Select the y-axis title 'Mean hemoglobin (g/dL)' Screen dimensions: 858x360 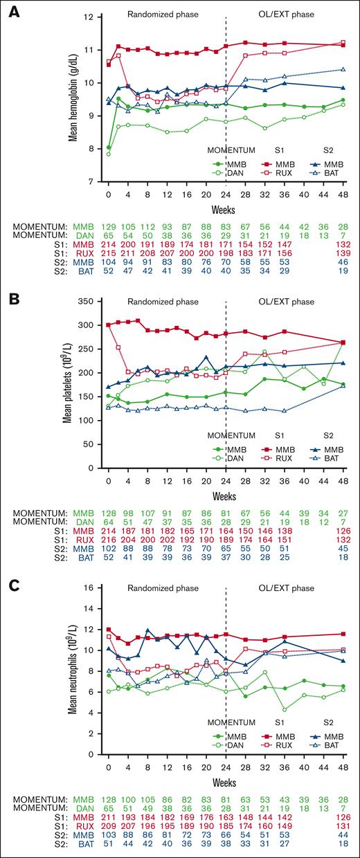(x=72, y=97)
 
